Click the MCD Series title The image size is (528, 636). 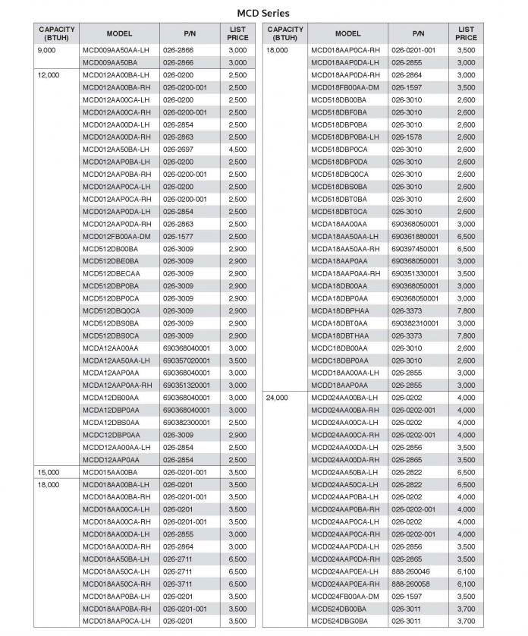pos(263,13)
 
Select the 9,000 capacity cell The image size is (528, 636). pos(48,50)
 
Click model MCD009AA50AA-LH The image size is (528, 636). pos(117,50)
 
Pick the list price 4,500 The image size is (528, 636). pos(237,150)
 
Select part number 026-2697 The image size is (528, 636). pos(178,150)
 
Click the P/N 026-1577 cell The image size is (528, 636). pos(178,236)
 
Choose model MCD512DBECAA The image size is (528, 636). pos(112,273)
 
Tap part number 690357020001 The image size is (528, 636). pos(186,361)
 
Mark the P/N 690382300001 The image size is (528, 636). pos(186,422)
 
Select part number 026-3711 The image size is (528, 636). pos(178,584)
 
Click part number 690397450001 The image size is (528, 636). pos(415,248)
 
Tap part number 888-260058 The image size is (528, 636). pos(410,584)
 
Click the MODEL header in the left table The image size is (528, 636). pos(119,33)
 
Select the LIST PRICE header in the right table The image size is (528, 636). pos(467,33)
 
